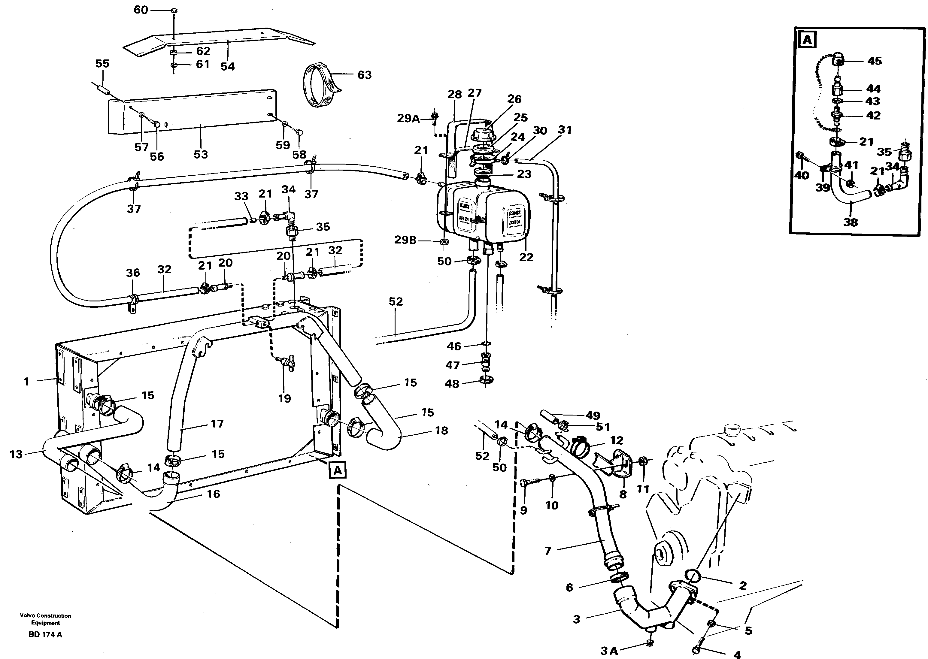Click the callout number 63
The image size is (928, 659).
(364, 75)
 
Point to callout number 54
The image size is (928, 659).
(227, 67)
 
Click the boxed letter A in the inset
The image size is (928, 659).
(807, 40)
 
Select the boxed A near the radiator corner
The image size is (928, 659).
(337, 470)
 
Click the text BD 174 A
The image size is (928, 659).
(45, 635)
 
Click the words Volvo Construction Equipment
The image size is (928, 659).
(45, 619)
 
